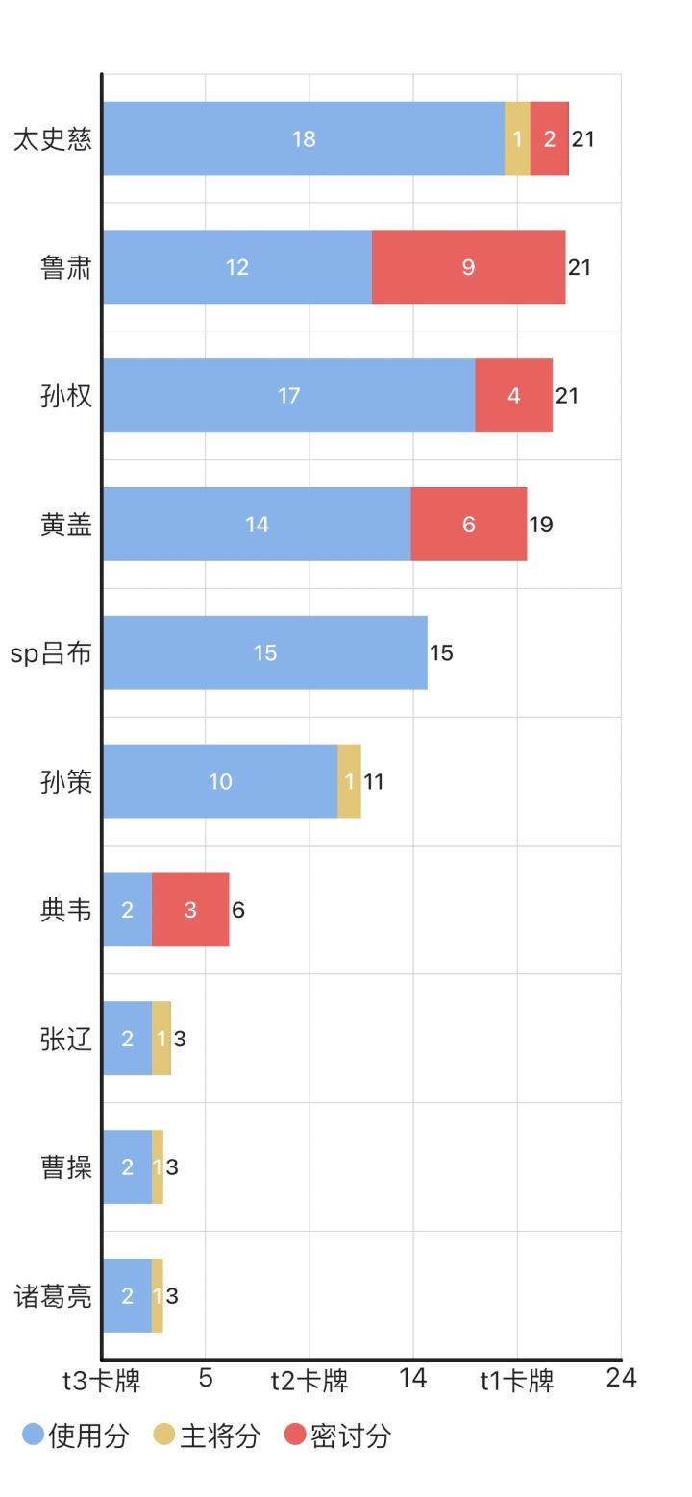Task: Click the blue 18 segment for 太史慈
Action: click(304, 138)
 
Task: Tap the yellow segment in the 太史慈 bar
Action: click(517, 138)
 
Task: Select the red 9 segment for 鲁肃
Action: click(469, 267)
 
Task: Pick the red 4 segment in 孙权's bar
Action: click(513, 395)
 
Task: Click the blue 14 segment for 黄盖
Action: click(257, 524)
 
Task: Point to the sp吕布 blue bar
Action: click(264, 652)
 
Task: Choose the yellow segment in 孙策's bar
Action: click(349, 780)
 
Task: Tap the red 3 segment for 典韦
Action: click(190, 910)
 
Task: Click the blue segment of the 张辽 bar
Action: click(127, 1038)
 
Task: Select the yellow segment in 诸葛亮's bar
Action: click(157, 1295)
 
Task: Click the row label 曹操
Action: click(65, 1166)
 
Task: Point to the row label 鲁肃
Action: click(65, 267)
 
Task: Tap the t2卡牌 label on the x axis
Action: click(309, 1380)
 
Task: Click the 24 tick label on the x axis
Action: click(621, 1377)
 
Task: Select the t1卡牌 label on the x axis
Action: click(517, 1380)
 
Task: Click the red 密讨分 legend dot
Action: click(295, 1435)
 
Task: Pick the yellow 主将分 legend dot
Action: click(163, 1435)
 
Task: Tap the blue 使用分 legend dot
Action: click(33, 1435)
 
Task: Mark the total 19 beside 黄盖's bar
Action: click(541, 524)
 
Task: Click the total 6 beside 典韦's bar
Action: click(238, 910)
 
